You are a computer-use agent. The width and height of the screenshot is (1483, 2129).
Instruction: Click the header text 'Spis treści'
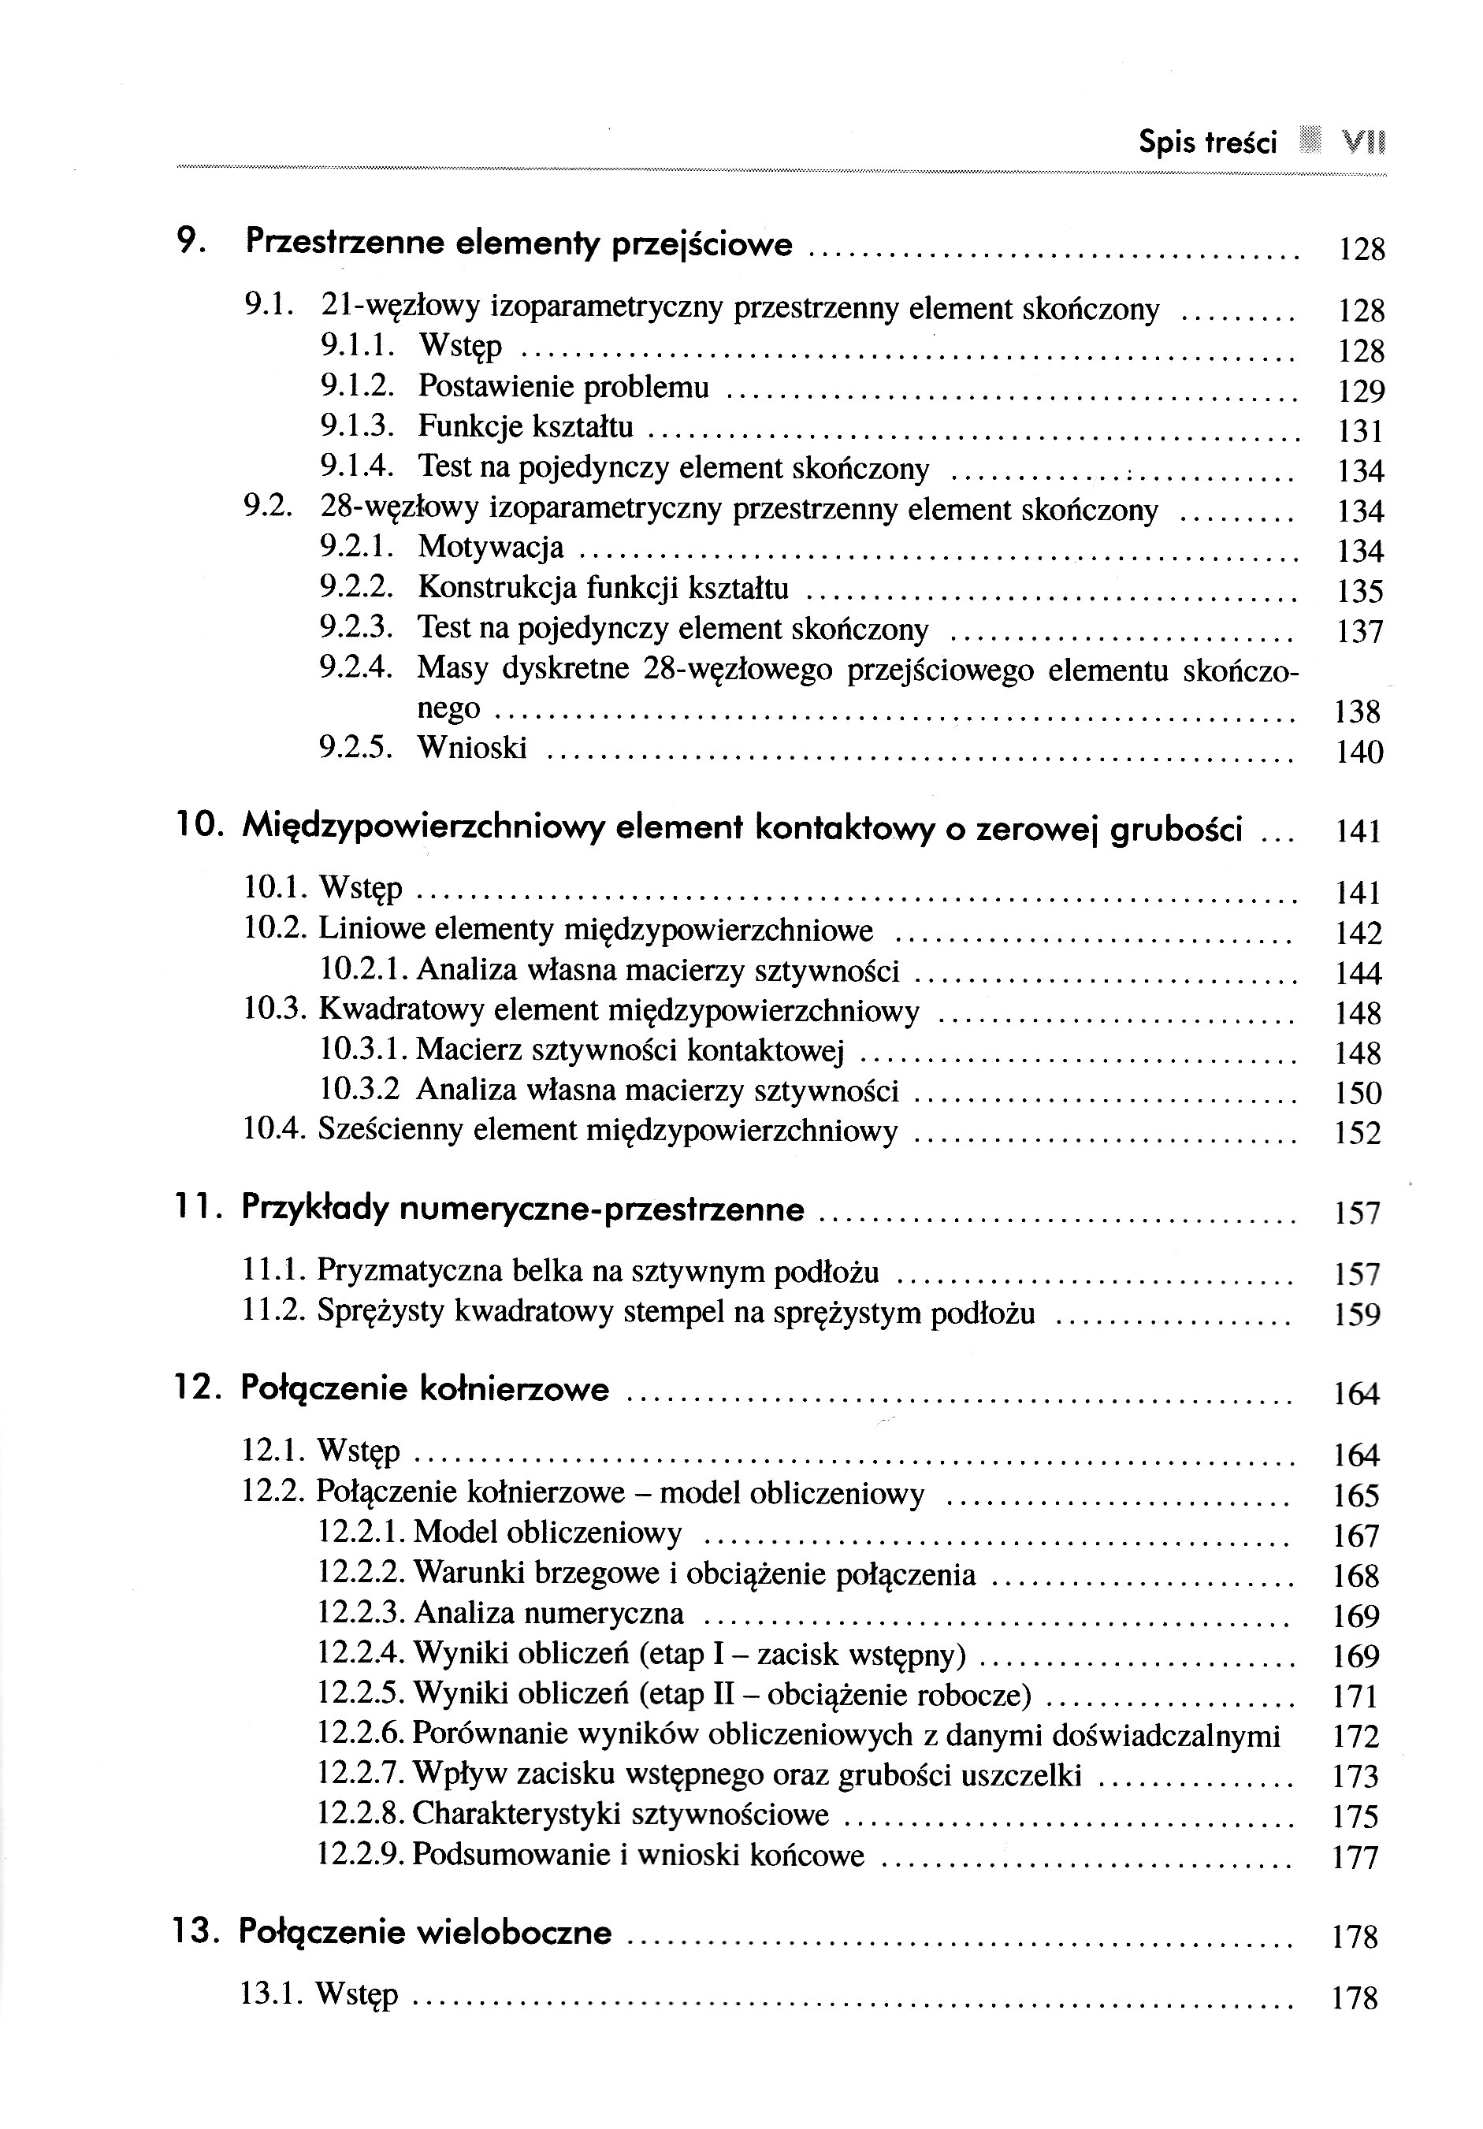tap(1207, 143)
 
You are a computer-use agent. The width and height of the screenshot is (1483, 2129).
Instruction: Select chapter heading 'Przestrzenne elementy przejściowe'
tap(519, 244)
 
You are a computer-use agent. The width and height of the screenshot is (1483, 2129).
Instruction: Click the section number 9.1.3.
tap(357, 426)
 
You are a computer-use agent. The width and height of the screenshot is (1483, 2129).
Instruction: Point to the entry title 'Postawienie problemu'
tap(563, 387)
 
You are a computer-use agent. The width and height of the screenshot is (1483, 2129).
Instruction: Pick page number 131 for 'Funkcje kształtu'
tap(1361, 431)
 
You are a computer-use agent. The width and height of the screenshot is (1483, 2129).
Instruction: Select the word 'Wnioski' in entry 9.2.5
tap(472, 748)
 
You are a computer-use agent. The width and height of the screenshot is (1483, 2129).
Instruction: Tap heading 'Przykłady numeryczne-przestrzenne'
tap(522, 1209)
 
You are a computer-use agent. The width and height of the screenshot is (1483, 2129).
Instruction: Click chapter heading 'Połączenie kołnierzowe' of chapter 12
tap(425, 1389)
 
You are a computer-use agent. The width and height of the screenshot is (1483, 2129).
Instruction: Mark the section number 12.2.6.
tap(361, 1734)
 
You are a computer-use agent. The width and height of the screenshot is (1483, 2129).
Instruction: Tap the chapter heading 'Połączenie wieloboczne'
tap(426, 1933)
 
